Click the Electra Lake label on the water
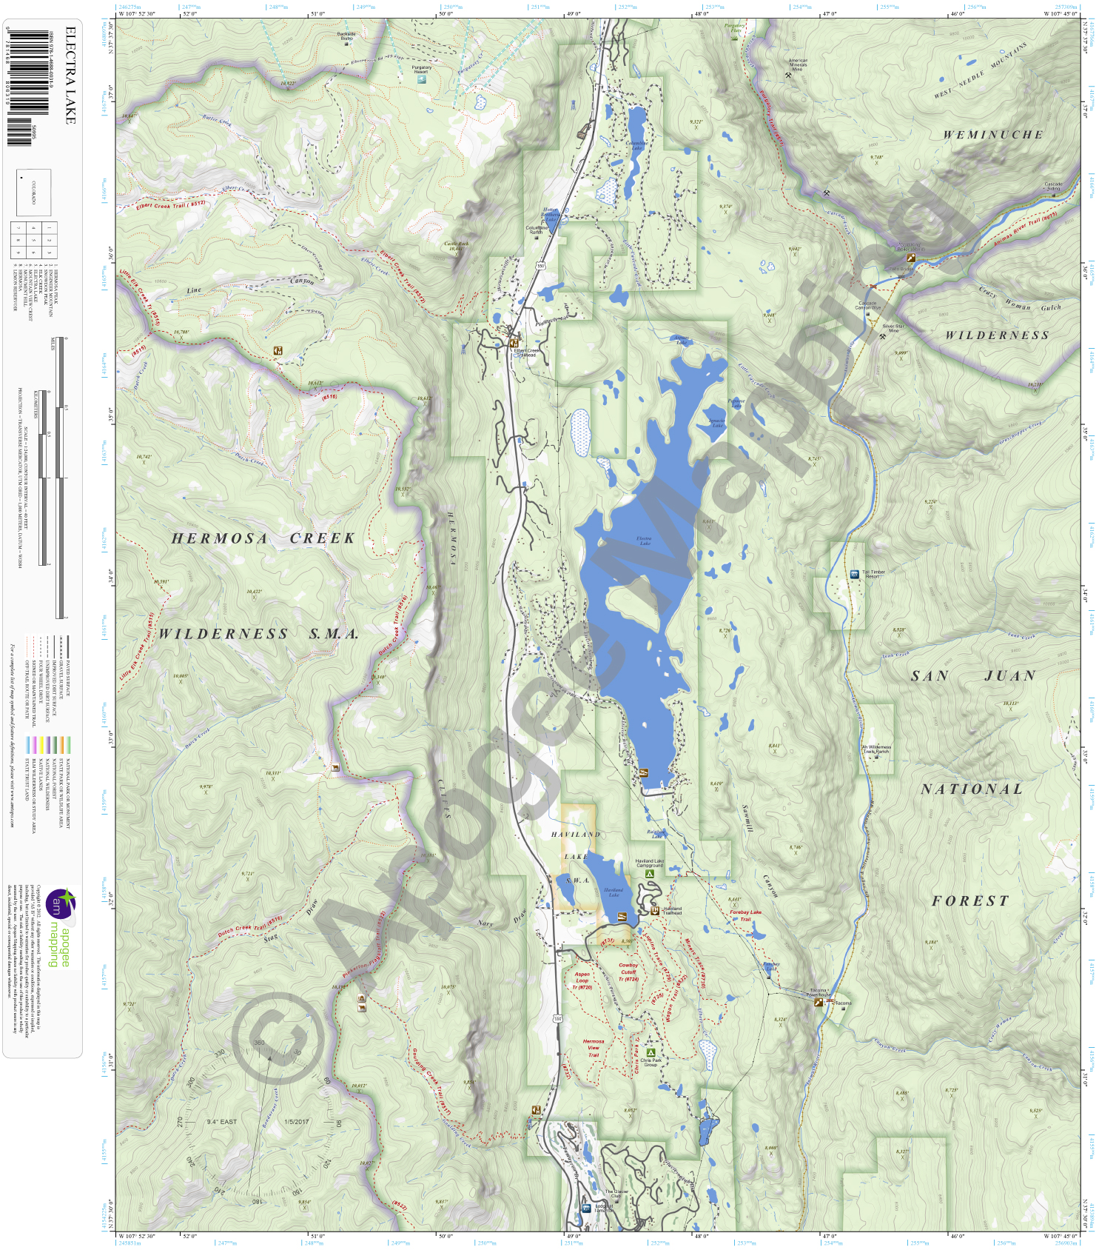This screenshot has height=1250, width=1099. [x=644, y=541]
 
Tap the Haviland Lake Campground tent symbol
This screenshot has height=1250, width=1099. [x=650, y=874]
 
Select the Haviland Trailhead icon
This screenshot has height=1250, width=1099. [x=655, y=910]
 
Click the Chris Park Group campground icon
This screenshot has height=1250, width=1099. [x=651, y=1052]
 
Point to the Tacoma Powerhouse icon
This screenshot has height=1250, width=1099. [x=818, y=1002]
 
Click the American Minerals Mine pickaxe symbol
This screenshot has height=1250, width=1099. [x=798, y=75]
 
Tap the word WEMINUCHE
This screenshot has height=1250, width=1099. [x=992, y=135]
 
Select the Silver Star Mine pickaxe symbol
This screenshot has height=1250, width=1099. [x=883, y=337]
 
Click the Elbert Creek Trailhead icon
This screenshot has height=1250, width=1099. [x=514, y=343]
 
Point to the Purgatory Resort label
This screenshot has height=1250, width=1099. [x=421, y=70]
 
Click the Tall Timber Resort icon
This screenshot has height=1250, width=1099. [x=855, y=574]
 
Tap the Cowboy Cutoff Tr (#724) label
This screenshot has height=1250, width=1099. [x=628, y=972]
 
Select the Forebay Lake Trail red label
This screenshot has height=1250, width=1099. [x=745, y=915]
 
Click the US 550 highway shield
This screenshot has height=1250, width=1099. [x=557, y=1019]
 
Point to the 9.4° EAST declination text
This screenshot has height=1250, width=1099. [x=222, y=1122]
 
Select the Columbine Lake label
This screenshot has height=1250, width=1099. [x=636, y=145]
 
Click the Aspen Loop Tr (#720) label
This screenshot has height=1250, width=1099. [x=582, y=980]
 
